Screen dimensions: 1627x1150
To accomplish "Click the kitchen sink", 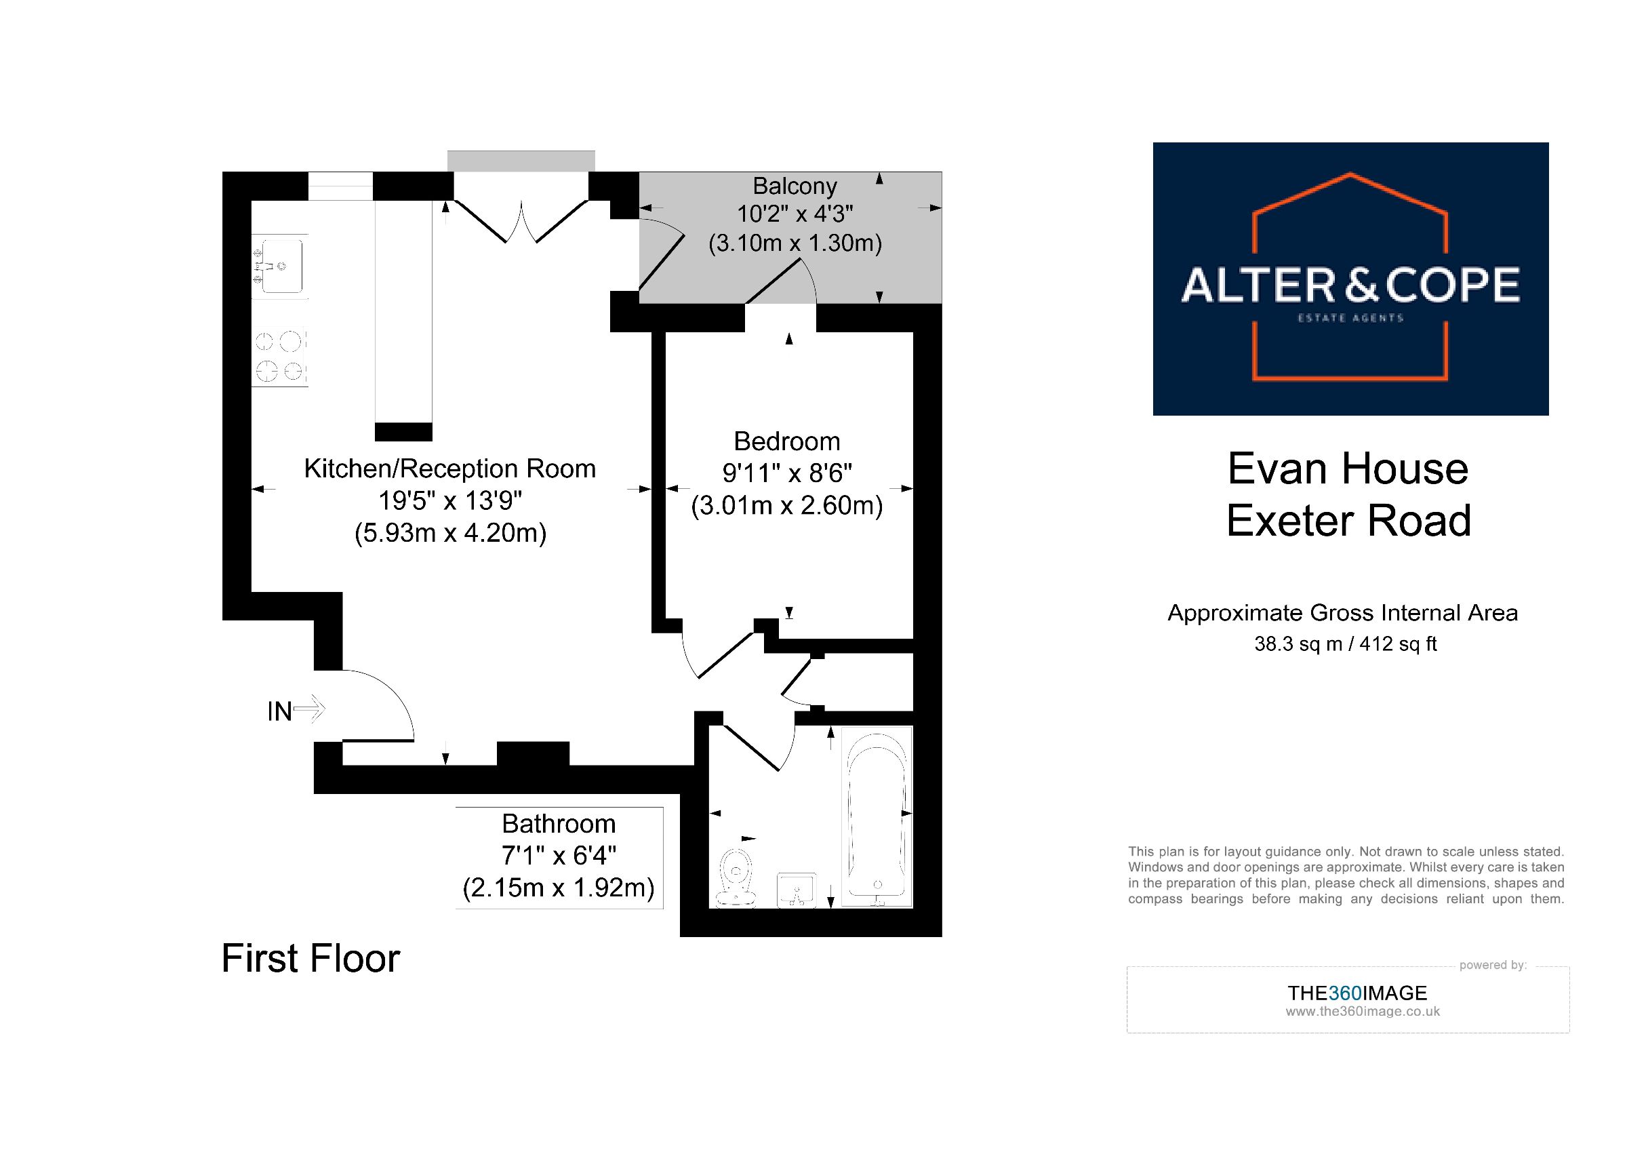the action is point(281,266).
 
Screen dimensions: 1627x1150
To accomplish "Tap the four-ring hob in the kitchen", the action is point(281,357).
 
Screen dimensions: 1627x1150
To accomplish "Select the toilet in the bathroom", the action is point(736,877).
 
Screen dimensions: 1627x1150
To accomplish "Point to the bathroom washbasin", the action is point(797,890).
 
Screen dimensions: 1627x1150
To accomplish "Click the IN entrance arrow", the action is point(308,709).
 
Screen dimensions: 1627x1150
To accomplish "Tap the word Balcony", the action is point(795,186).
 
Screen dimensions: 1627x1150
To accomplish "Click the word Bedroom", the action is point(786,441).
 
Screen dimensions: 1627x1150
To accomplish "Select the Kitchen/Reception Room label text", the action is point(449,469).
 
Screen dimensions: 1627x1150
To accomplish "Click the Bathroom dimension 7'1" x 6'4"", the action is point(559,856).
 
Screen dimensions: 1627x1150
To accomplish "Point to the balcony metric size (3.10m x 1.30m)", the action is point(795,243).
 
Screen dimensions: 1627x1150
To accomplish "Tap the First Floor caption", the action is point(310,958).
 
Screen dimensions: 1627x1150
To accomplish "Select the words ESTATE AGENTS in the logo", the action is point(1350,318).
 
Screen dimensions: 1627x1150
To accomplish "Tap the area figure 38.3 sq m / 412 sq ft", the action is point(1345,643).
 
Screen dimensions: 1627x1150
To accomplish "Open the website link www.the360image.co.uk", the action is point(1362,1012).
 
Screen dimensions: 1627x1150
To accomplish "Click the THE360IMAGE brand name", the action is point(1357,993).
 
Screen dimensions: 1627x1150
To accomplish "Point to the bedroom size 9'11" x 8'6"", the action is point(786,473).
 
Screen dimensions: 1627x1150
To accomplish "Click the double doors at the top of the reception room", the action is point(521,221).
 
